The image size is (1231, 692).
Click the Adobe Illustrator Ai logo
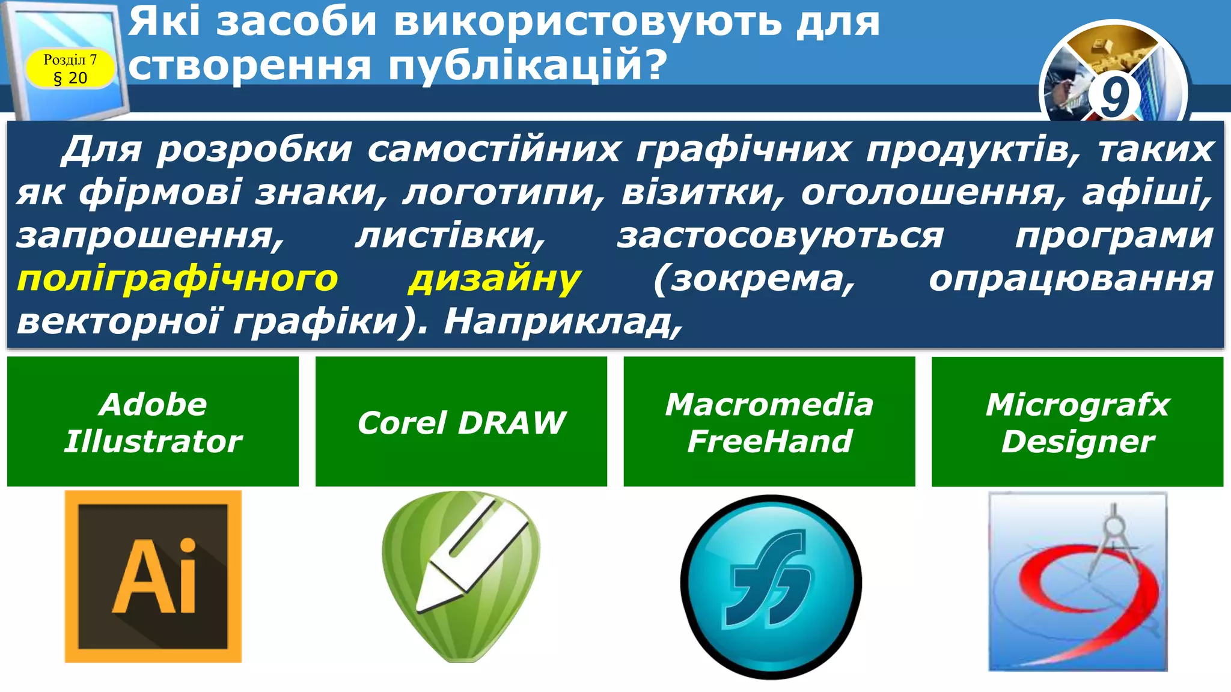coord(153,577)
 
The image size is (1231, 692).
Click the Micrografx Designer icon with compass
coord(1078,581)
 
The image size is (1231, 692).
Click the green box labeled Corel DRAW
coord(461,422)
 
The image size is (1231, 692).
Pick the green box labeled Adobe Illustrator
coord(153,422)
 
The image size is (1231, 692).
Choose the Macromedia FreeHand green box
coord(769,422)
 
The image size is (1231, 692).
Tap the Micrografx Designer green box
coord(1077,422)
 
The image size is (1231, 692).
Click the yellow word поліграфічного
coord(178,279)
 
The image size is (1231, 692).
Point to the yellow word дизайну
coord(494,279)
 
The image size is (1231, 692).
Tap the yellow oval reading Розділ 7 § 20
coord(70,69)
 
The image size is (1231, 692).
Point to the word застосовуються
coord(780,235)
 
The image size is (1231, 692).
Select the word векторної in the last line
coord(118,322)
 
